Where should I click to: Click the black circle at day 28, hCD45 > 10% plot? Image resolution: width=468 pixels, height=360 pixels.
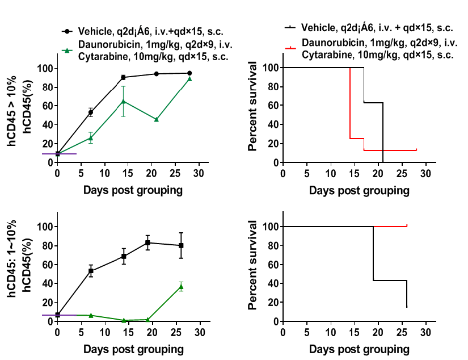tap(190, 73)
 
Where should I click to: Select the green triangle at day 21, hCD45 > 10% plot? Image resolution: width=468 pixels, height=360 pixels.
tap(157, 119)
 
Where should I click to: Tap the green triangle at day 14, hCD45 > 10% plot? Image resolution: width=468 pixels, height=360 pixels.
tap(123, 101)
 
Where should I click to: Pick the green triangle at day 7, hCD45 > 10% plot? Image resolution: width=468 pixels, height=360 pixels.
tap(90, 138)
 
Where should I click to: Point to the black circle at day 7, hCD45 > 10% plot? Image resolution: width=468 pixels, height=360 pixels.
tap(90, 112)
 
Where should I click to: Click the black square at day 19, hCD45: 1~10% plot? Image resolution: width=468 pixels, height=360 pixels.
tap(147, 242)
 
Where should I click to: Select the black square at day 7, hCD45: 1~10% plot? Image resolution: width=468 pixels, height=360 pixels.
tap(90, 271)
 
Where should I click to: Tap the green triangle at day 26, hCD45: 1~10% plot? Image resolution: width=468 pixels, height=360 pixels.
tap(181, 287)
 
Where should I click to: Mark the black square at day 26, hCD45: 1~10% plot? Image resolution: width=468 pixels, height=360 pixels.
tap(181, 245)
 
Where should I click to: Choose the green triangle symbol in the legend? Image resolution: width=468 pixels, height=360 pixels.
tap(67, 51)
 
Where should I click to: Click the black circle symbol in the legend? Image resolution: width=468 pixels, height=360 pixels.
tap(67, 31)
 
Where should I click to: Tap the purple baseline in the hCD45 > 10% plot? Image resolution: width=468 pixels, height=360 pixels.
tap(59, 153)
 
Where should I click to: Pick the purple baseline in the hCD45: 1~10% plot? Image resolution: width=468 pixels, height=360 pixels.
tap(59, 315)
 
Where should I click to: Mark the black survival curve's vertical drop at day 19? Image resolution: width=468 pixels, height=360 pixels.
tap(374, 253)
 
